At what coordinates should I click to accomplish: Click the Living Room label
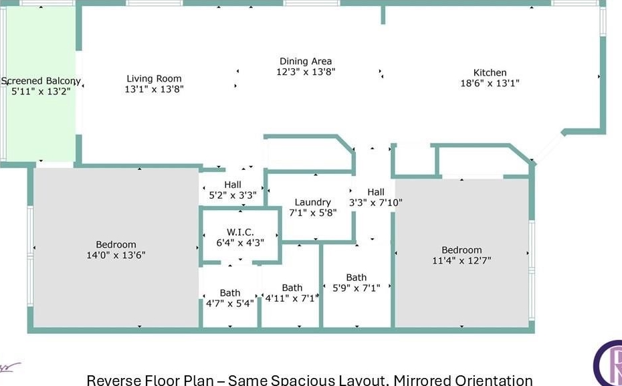click(154, 78)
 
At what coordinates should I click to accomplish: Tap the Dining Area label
click(306, 61)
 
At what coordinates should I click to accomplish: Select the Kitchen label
click(490, 73)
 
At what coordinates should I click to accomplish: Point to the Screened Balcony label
click(41, 82)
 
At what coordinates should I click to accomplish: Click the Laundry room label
click(312, 202)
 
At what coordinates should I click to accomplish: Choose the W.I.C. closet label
click(240, 232)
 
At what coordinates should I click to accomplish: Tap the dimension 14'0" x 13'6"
click(116, 255)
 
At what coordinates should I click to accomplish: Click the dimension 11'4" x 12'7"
click(461, 261)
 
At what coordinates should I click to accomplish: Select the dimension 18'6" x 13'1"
click(490, 84)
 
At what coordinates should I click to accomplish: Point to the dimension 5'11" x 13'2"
click(41, 92)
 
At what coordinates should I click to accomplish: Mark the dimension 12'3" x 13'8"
click(306, 72)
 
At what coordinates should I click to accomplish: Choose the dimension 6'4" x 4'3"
click(240, 243)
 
